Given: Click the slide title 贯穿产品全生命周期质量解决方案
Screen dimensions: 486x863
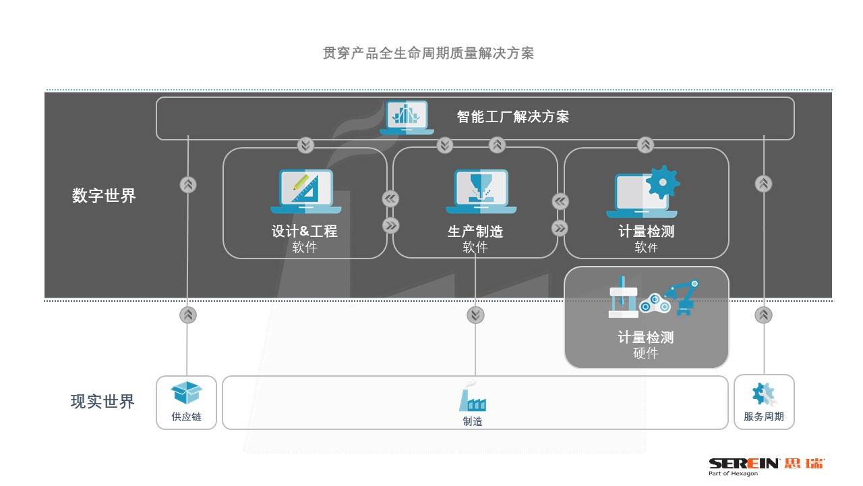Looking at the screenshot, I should (428, 53).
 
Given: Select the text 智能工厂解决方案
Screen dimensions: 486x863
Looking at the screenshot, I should (512, 117).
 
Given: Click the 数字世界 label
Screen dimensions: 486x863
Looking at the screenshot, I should (104, 196).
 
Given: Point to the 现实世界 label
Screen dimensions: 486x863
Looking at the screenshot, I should (102, 402).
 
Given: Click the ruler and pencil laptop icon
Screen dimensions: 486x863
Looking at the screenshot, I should (305, 191).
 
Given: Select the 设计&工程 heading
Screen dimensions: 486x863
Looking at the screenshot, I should (304, 232).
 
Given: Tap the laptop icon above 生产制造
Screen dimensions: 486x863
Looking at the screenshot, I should (476, 191).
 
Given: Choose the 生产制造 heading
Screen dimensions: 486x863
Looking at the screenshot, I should (475, 232).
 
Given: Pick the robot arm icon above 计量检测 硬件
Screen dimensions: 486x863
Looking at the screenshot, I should (682, 297).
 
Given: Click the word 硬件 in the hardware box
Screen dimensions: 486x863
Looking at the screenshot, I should (646, 353).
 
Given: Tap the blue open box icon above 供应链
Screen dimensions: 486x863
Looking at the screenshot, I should (186, 393).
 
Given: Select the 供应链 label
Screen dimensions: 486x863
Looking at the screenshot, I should (186, 417).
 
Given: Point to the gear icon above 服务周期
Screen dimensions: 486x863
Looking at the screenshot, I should (764, 394).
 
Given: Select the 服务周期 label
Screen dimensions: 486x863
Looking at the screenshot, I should (764, 417).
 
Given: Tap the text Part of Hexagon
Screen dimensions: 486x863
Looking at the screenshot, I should (733, 474).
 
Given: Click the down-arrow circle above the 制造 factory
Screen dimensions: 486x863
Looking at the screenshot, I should (475, 315).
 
